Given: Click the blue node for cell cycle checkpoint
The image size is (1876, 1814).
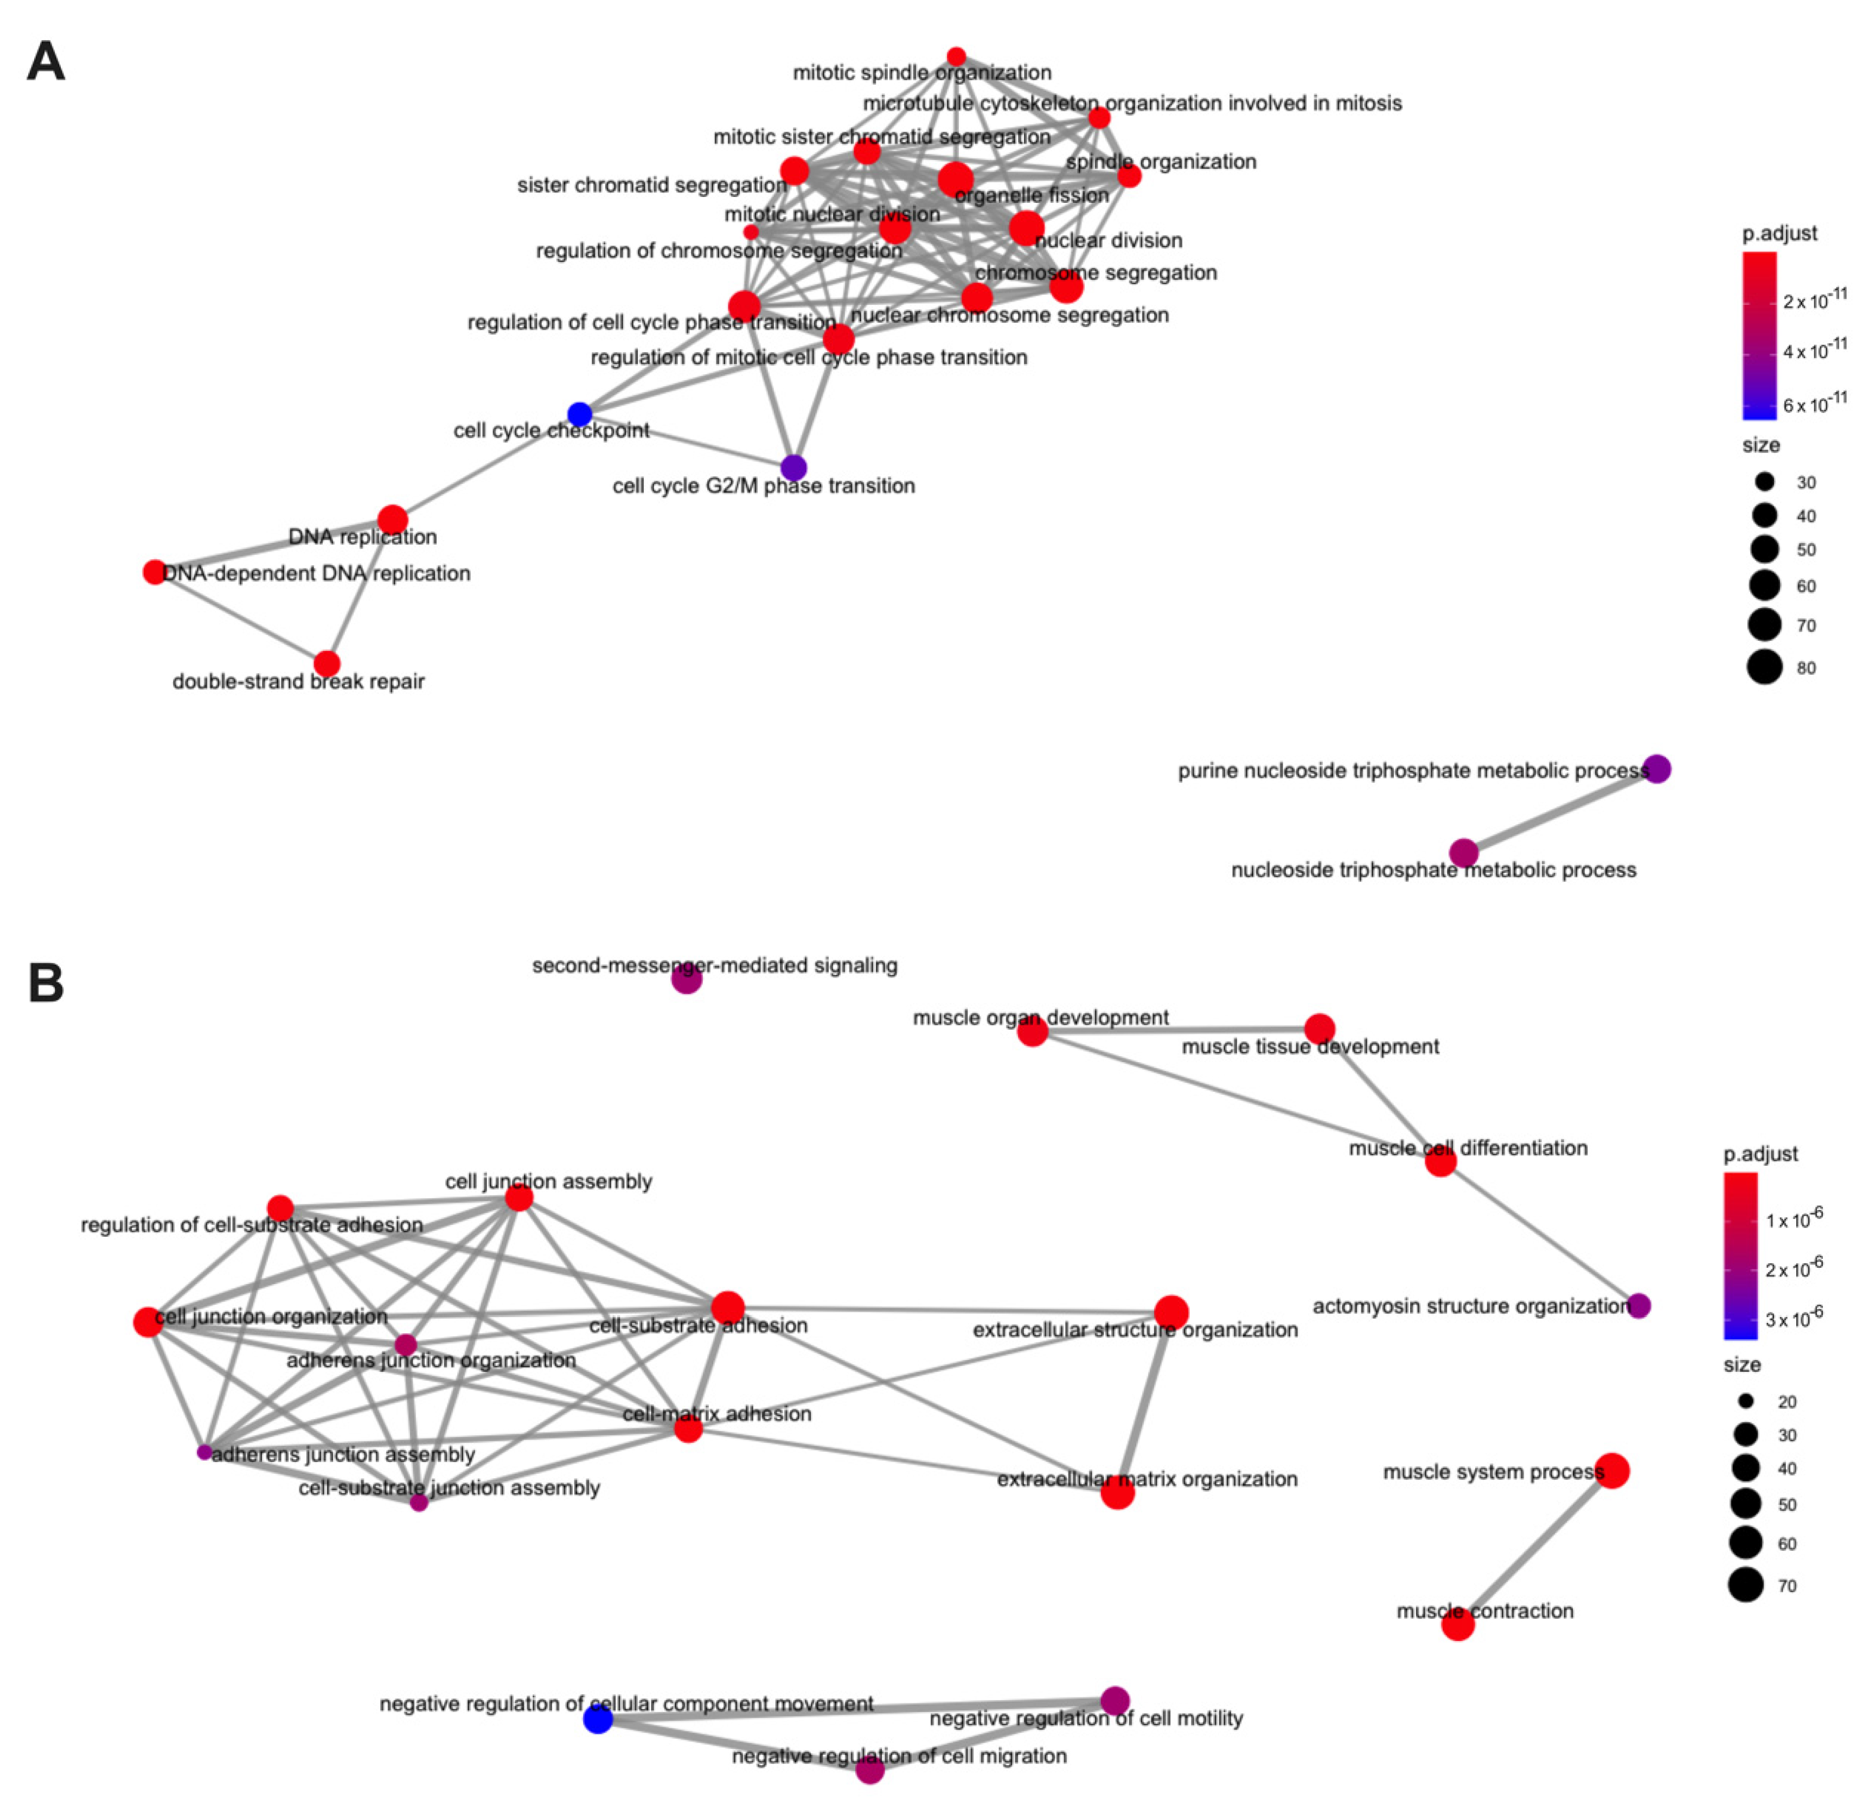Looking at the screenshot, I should tap(579, 414).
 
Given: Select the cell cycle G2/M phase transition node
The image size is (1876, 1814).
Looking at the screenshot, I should tap(793, 467).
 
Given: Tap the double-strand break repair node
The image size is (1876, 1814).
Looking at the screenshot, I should tap(326, 663).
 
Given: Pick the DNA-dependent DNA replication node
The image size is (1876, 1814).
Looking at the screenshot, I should tap(154, 571).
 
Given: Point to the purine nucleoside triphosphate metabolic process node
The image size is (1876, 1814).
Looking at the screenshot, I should tap(1657, 769).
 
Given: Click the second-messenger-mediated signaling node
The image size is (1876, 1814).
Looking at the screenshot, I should tap(686, 979).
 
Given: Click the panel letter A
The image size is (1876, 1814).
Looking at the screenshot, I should tap(46, 62).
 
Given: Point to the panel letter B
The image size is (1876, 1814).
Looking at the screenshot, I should tap(46, 983).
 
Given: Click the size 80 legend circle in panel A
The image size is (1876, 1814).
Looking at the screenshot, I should tap(1764, 666).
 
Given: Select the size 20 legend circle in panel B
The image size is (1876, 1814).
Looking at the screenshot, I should tap(1746, 1401).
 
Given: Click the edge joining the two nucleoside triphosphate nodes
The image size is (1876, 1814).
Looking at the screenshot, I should tap(1560, 811).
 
